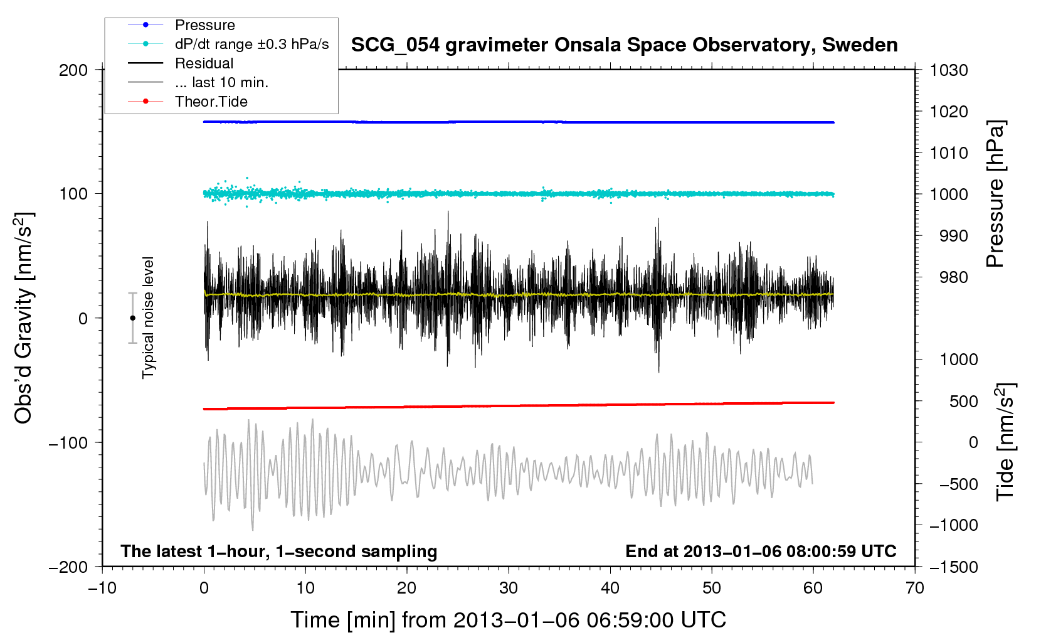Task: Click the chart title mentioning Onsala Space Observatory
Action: coord(624,45)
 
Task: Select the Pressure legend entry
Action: coord(204,25)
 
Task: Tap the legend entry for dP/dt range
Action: coord(251,44)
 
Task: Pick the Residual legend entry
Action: coord(204,63)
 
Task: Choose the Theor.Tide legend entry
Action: coord(211,102)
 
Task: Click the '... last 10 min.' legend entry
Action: coord(221,82)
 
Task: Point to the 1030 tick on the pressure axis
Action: coord(948,70)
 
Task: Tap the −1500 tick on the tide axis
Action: coord(953,567)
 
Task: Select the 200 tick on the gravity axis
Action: coord(73,70)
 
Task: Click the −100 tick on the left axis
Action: coord(68,443)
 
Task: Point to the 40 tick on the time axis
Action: coord(610,588)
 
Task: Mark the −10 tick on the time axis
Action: coord(102,588)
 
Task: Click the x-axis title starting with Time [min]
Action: coord(508,620)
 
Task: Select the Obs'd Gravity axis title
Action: coord(24,318)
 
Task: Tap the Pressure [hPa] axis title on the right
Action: coord(996,194)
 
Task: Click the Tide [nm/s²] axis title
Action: coord(1006,442)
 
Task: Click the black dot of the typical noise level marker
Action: coord(132,318)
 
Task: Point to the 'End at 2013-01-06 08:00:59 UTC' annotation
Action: coord(761,552)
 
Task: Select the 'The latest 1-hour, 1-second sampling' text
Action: coord(278,552)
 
